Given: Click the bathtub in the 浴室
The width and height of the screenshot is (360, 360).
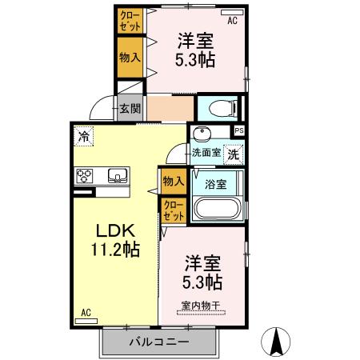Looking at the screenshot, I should pos(217,210).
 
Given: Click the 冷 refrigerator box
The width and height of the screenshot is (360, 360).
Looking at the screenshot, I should pos(83,137).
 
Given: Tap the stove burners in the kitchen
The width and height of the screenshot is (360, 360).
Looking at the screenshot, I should pos(86,175).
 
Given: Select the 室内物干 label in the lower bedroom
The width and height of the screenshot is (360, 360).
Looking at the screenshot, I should pos(201,304).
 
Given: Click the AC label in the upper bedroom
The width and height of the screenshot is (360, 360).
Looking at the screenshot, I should pos(233,21).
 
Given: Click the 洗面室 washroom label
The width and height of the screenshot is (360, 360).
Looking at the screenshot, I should pos(206,152).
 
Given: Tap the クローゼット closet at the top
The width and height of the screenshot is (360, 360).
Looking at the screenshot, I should pos(129,20).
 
